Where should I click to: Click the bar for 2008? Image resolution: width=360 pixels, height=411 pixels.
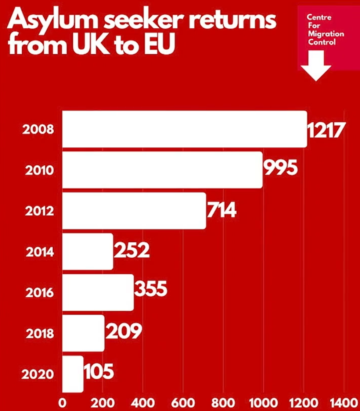184,129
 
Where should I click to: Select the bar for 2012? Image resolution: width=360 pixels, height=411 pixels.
134,211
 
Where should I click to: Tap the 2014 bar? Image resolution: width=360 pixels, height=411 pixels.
88,252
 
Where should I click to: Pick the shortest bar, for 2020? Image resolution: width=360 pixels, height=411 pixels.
73,374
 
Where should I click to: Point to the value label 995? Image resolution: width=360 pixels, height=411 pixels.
280,169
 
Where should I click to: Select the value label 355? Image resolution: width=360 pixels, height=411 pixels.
151,289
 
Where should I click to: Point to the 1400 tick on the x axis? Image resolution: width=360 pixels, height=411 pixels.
344,402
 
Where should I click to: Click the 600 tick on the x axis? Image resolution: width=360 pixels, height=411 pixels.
183,402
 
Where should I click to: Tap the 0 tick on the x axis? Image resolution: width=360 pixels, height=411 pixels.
62,402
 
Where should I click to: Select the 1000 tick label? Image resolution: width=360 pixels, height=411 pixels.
263,402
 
